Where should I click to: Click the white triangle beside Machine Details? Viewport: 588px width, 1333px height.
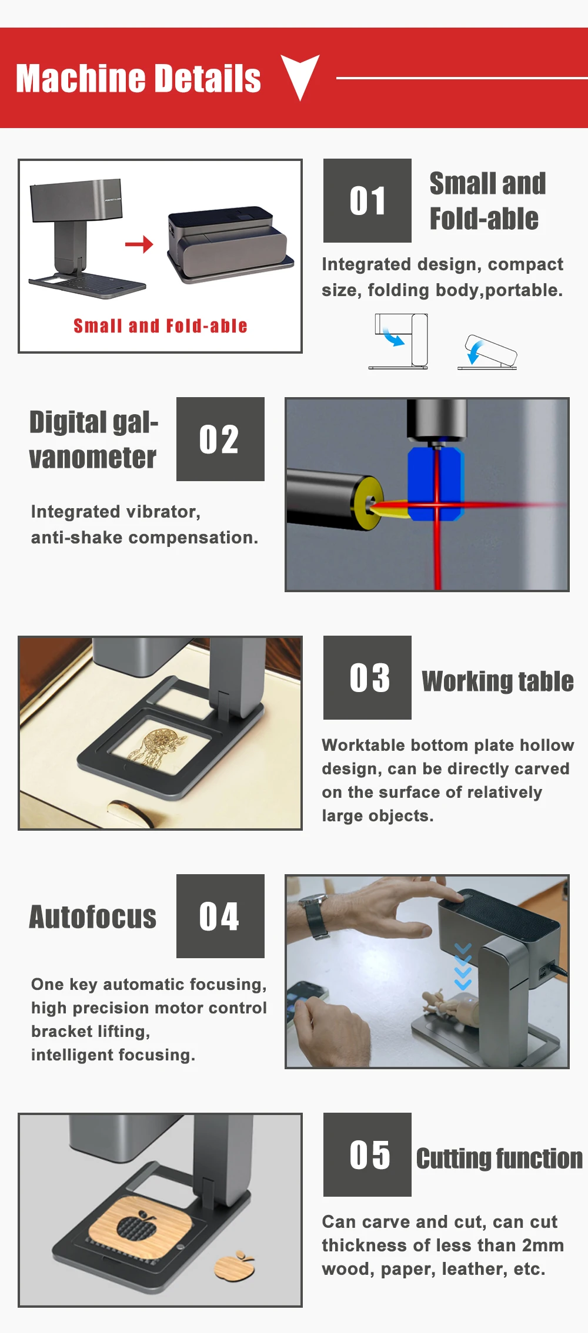click(x=300, y=75)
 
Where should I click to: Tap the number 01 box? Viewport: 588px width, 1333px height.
click(x=367, y=200)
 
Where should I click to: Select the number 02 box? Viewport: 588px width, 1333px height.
click(x=220, y=439)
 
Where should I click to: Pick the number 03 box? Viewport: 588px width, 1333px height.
click(x=367, y=677)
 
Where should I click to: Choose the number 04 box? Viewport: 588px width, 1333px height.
click(x=220, y=916)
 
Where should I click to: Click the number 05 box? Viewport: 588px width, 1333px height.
click(x=367, y=1154)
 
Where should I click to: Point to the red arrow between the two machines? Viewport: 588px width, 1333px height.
click(x=139, y=244)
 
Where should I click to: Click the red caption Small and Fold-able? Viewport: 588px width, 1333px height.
click(x=160, y=325)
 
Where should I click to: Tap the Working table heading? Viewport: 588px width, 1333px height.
click(x=497, y=681)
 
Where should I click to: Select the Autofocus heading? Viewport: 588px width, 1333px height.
click(x=93, y=917)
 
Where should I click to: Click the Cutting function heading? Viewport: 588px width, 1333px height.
click(x=499, y=1159)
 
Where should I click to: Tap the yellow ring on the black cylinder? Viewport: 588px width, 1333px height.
click(x=366, y=503)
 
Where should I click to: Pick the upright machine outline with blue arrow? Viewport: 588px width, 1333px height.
click(x=399, y=341)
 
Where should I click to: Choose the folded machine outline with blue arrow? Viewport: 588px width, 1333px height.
click(x=487, y=352)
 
